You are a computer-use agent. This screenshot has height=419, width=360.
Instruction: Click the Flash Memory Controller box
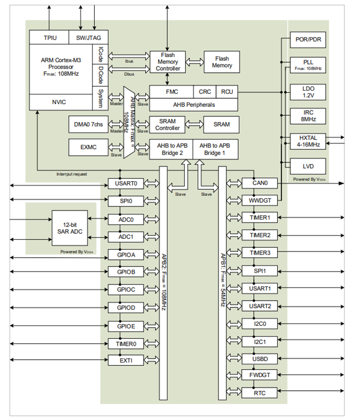[168, 62]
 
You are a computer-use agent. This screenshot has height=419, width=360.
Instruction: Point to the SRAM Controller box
[168, 124]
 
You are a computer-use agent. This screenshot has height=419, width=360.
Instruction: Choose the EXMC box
[88, 148]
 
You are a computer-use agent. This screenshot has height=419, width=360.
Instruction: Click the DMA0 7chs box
[88, 124]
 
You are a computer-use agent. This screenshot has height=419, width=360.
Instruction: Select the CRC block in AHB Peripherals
[205, 92]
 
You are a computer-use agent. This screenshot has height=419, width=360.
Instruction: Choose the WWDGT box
[256, 200]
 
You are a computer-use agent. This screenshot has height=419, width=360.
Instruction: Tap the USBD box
[256, 359]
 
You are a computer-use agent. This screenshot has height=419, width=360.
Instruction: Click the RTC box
[256, 393]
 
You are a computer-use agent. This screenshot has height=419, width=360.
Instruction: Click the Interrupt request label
[72, 174]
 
